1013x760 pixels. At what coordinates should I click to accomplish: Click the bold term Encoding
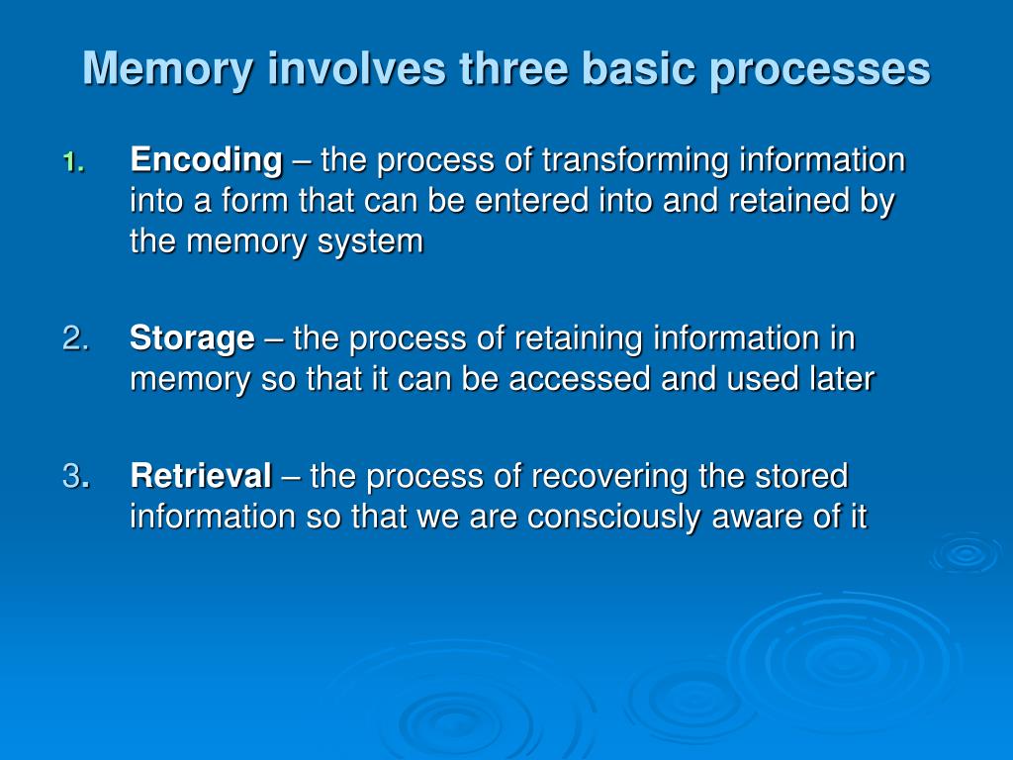(206, 159)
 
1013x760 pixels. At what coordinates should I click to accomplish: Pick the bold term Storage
(192, 339)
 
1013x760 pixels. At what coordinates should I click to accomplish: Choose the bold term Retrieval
(201, 477)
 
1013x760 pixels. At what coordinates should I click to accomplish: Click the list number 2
(75, 339)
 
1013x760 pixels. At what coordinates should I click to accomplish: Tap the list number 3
(72, 477)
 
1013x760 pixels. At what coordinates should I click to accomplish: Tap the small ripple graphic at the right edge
(965, 554)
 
